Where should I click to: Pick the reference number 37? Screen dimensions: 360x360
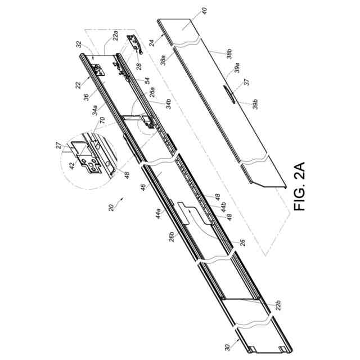click(245, 83)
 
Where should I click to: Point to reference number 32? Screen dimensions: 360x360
click(79, 44)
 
